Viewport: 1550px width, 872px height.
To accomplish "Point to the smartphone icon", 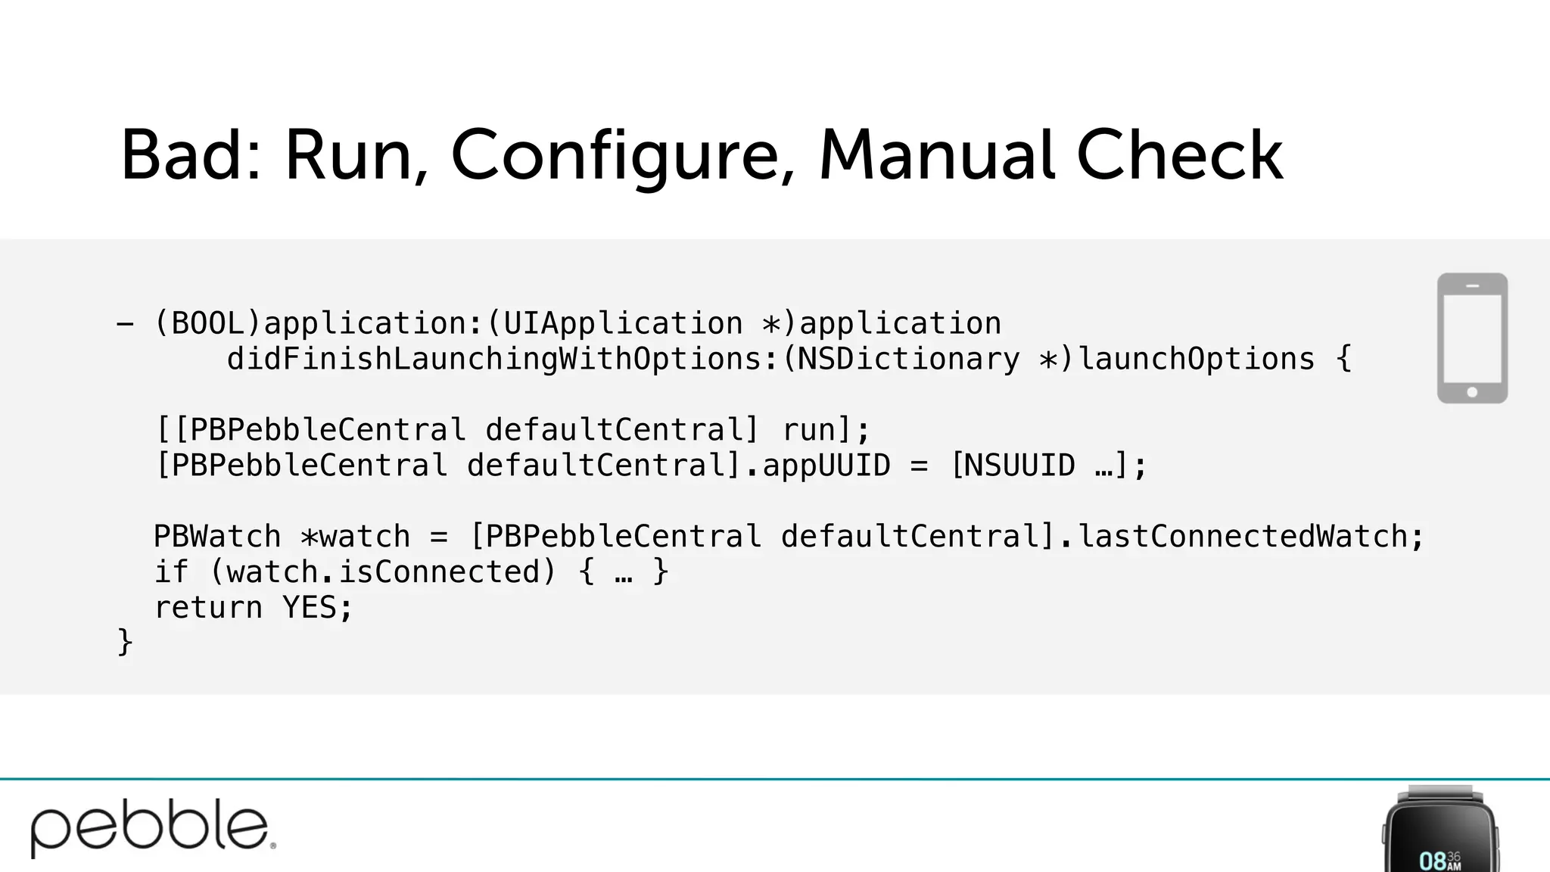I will coord(1472,338).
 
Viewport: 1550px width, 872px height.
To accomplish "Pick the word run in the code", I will coord(808,430).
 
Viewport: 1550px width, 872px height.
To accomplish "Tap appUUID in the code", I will coord(826,466).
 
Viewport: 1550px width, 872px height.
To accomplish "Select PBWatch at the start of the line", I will coord(217,537).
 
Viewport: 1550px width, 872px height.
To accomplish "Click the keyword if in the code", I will coord(171,572).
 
